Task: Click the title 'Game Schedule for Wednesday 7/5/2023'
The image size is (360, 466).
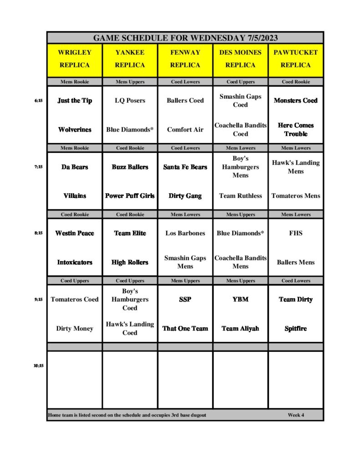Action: (185, 38)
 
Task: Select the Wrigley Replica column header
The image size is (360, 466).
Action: (75, 59)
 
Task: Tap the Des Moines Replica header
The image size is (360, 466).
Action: (240, 59)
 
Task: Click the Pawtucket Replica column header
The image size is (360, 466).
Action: (296, 59)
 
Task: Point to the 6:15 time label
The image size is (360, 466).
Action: (38, 101)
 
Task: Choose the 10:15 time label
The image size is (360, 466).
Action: (38, 365)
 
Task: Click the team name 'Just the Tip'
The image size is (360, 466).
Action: (75, 101)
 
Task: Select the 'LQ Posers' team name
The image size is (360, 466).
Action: (130, 101)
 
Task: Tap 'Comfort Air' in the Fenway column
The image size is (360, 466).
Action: (185, 130)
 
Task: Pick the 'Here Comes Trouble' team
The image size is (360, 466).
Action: (296, 130)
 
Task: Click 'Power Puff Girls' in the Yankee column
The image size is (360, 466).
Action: (130, 196)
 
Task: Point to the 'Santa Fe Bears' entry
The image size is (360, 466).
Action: (185, 167)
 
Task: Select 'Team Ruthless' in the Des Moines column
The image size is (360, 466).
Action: (240, 196)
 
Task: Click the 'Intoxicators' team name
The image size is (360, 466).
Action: (75, 262)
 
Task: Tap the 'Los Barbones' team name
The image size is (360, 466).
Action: (185, 233)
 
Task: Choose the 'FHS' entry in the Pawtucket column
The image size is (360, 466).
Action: (296, 233)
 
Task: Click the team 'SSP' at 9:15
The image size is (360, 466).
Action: (185, 299)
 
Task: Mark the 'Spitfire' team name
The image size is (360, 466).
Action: (296, 329)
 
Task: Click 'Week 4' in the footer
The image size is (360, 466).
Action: (296, 415)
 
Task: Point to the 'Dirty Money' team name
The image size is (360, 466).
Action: (75, 329)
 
